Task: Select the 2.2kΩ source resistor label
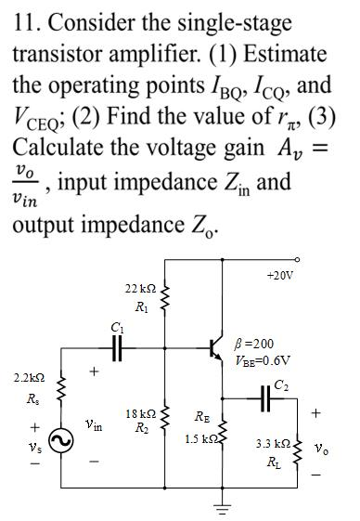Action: pyautogui.click(x=29, y=380)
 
